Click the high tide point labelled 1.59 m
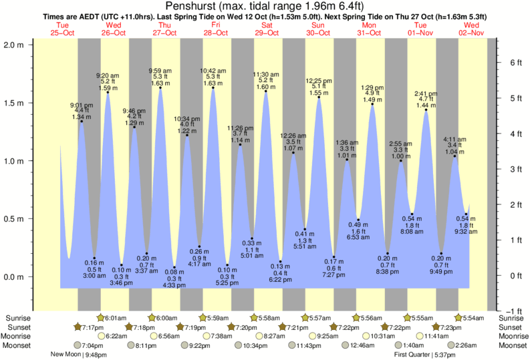108,92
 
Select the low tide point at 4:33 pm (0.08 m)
174,267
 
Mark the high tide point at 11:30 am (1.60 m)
266,92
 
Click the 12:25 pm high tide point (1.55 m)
319,98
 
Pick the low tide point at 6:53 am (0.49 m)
359,220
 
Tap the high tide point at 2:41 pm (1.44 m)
426,110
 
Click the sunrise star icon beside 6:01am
101,318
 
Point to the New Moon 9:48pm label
78,355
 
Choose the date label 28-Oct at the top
216,33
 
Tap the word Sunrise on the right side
511,318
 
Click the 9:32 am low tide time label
466,231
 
